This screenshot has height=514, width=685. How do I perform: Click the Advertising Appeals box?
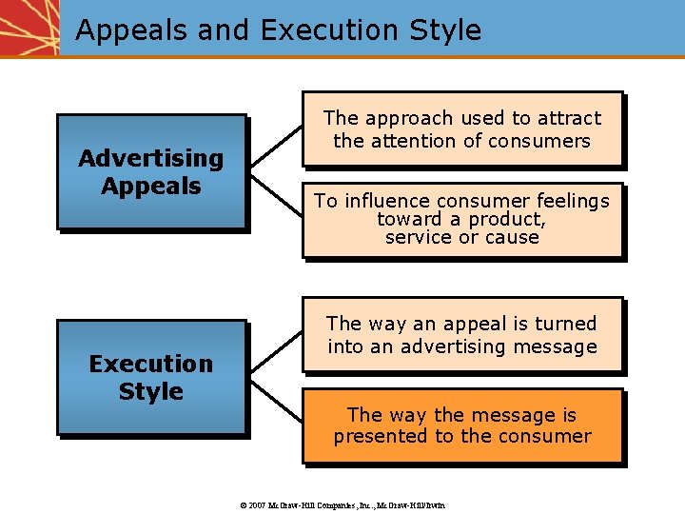point(150,171)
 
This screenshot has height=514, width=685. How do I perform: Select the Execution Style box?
point(150,377)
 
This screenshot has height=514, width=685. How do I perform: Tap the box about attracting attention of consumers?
point(461,129)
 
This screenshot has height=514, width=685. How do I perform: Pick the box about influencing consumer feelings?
point(461,220)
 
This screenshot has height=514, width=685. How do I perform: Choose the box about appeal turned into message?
point(461,335)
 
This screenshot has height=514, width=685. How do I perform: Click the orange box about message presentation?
point(461,425)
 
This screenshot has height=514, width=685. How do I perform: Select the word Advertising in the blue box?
point(150,158)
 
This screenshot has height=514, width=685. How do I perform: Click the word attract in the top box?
point(570,119)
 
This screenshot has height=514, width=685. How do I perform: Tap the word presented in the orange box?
point(380,437)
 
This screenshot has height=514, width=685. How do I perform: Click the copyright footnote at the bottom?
point(342,504)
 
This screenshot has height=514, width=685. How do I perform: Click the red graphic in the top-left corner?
point(29,27)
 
